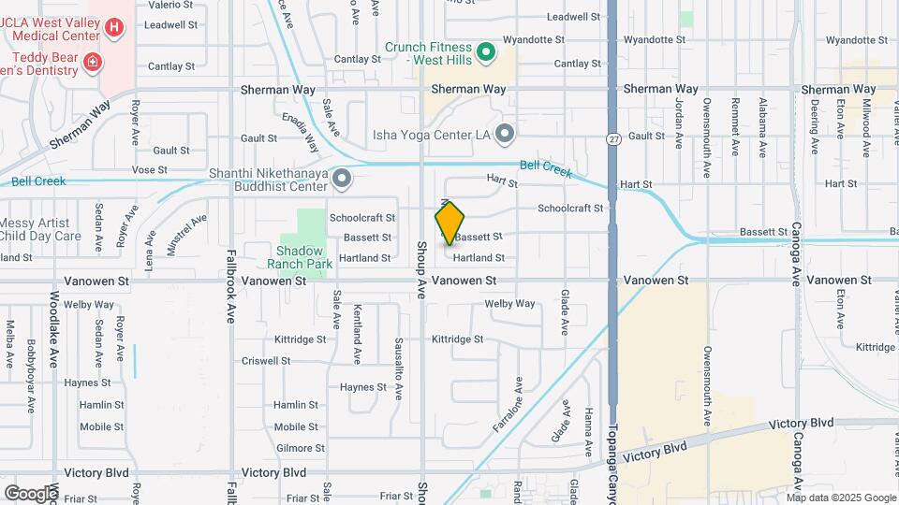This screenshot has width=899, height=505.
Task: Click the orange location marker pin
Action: (x=450, y=223)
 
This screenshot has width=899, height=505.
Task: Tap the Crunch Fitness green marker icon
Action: (x=485, y=52)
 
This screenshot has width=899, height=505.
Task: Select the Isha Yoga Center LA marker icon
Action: (x=505, y=135)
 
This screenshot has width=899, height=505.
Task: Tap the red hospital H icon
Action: (x=114, y=28)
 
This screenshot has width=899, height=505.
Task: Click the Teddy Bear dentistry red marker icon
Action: (x=92, y=63)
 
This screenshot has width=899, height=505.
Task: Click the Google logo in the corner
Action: (x=30, y=493)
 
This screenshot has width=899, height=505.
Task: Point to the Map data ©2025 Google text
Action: (x=840, y=497)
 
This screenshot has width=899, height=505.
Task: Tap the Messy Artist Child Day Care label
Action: (x=41, y=229)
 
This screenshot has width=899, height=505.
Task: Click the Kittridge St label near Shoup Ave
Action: (x=457, y=339)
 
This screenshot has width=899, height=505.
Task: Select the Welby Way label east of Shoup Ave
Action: (x=509, y=304)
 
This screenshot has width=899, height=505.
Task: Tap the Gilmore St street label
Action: (x=299, y=449)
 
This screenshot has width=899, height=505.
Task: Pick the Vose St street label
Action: (x=149, y=170)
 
